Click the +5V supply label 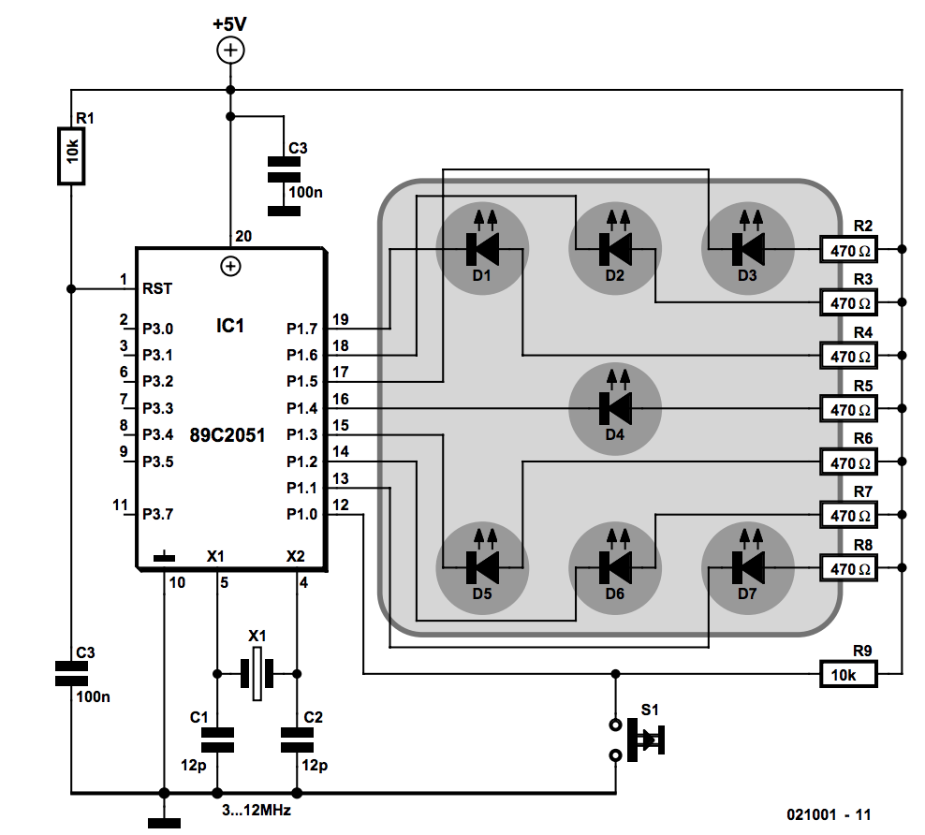point(229,24)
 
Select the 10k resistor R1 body point(71,155)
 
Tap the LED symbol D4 point(615,407)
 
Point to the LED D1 point(482,249)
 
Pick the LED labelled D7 point(747,567)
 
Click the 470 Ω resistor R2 point(848,249)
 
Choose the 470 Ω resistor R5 point(848,409)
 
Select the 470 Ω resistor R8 point(848,568)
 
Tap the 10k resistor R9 point(848,674)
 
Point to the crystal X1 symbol point(257,673)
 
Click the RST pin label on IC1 point(157,289)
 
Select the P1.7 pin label point(302,329)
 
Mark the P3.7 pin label point(158,514)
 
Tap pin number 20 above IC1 point(243,237)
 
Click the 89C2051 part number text point(228,435)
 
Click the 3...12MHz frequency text point(257,811)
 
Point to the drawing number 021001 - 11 point(829,814)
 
